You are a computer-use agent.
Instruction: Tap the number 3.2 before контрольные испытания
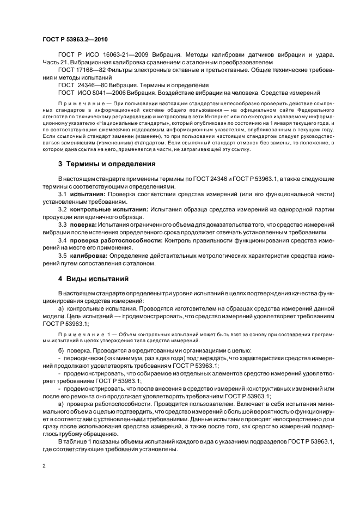coord(63,210)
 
